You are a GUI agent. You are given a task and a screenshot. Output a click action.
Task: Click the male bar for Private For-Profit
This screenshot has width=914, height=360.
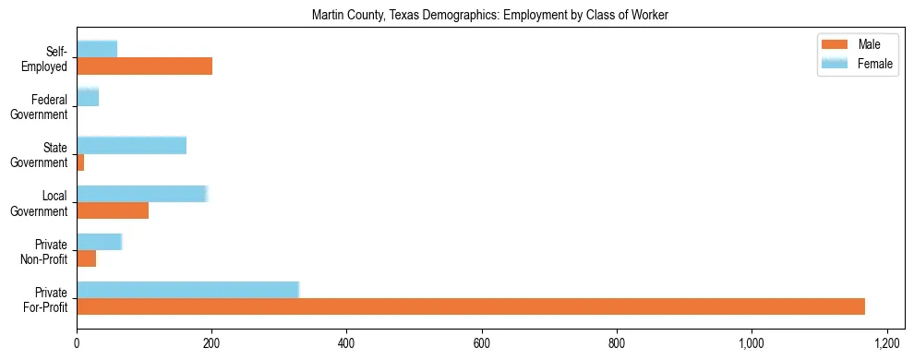click(471, 306)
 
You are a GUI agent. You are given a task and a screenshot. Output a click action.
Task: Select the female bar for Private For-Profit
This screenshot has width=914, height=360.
click(188, 289)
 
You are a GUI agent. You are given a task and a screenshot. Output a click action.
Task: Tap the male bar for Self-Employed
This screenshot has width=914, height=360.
click(144, 66)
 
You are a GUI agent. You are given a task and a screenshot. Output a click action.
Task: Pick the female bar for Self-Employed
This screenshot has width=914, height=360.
click(97, 49)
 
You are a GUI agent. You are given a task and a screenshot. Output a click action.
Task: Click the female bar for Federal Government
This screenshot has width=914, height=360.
click(88, 97)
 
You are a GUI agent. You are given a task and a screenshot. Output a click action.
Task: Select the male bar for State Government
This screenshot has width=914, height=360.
click(80, 162)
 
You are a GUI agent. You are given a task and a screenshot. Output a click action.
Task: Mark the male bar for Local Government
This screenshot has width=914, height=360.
click(113, 210)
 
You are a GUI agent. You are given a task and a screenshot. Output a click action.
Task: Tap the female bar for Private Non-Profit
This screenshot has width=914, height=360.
click(99, 241)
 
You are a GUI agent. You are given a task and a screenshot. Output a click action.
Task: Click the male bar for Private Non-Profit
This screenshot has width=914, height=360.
click(86, 258)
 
